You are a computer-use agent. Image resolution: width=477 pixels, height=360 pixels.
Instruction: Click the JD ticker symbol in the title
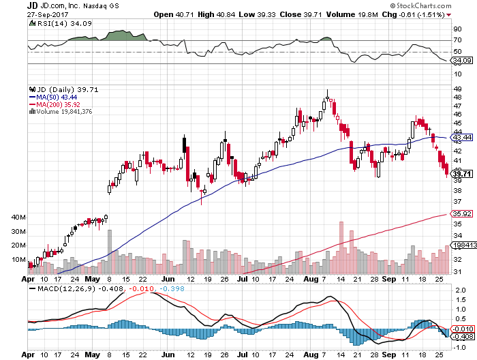coord(7,5)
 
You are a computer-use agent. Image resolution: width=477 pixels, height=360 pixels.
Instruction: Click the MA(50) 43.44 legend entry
coord(53,97)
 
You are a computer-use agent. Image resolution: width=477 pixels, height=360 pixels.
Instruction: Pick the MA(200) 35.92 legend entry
coord(55,104)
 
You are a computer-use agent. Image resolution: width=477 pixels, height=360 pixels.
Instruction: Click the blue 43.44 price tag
coord(462,138)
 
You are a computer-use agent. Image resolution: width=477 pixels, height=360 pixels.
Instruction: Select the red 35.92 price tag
coord(462,214)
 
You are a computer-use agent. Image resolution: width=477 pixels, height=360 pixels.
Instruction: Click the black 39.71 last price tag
coord(462,175)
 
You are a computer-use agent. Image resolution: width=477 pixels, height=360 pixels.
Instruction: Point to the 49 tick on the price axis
coord(457,88)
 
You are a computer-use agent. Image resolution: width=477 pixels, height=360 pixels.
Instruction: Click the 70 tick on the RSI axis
coord(457,41)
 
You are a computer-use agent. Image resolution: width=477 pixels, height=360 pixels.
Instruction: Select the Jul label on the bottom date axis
coord(242,280)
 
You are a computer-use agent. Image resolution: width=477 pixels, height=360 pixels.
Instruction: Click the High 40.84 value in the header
coord(211,14)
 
